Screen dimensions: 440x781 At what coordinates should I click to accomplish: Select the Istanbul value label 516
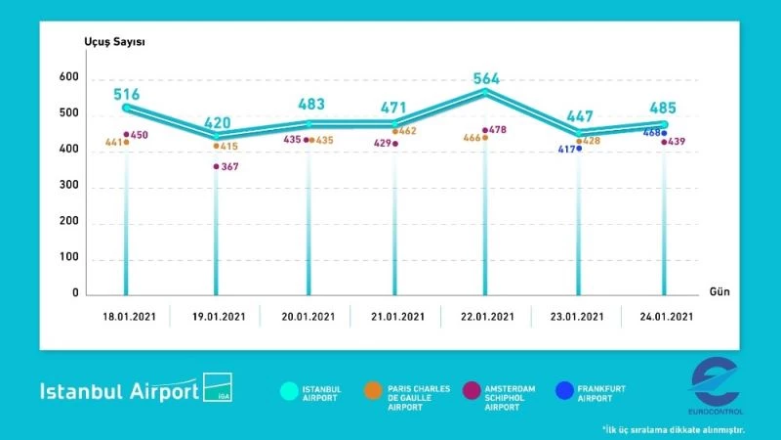(127, 95)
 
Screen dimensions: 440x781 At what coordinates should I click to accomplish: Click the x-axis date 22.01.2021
(486, 316)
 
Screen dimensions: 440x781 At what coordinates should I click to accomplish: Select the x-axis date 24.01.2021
(667, 316)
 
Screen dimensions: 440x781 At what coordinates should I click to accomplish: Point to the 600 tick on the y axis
(67, 77)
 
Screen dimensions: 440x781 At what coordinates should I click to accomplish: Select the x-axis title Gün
(719, 291)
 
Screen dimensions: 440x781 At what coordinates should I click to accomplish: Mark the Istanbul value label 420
(217, 123)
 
